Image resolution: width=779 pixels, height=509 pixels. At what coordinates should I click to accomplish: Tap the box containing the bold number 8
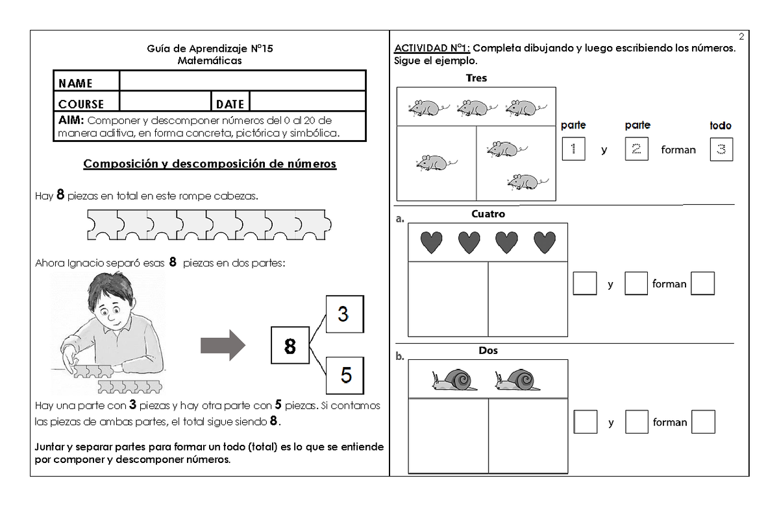click(x=290, y=347)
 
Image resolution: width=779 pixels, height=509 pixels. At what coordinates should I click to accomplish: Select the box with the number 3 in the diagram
click(x=344, y=314)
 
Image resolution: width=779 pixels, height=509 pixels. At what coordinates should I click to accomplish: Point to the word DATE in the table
click(x=230, y=104)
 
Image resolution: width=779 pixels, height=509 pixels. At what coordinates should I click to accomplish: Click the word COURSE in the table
click(x=81, y=104)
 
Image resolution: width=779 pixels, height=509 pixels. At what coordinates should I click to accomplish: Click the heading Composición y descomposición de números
click(x=210, y=163)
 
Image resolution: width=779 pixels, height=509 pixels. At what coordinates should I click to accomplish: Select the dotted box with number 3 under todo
click(x=721, y=150)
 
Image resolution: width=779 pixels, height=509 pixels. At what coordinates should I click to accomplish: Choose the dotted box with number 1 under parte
click(x=573, y=150)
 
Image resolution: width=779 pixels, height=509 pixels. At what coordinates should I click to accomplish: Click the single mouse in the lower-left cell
click(x=432, y=163)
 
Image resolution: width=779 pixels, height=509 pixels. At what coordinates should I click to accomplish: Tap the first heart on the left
click(x=431, y=243)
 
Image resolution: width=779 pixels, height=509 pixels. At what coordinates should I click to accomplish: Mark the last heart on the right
click(x=544, y=243)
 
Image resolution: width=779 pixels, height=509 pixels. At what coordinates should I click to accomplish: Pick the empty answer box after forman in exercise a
click(x=702, y=283)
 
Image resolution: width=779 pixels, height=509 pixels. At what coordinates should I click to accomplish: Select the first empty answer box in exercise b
click(x=586, y=422)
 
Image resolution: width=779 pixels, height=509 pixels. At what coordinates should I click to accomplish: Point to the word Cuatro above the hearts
click(x=488, y=214)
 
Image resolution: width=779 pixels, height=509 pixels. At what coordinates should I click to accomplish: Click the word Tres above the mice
click(x=476, y=78)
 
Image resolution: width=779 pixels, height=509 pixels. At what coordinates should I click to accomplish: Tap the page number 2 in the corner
click(x=741, y=36)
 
